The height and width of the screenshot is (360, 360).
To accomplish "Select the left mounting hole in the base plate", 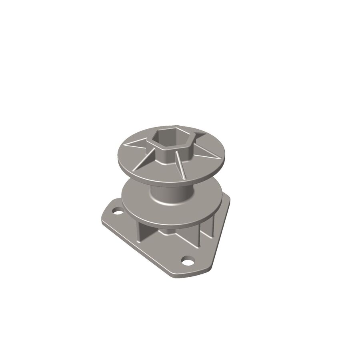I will [116, 210].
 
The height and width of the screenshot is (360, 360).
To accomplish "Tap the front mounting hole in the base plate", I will [186, 262].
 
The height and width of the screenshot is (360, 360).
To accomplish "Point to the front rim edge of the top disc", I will [168, 184].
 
